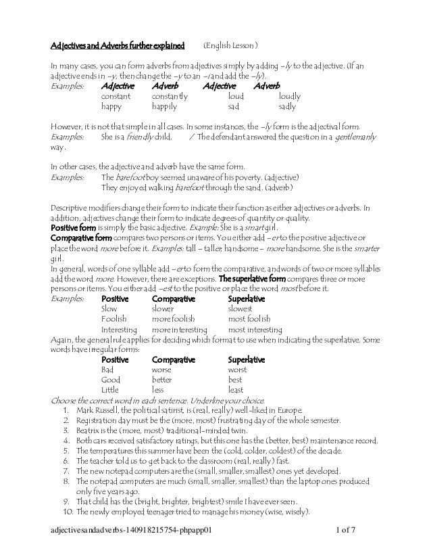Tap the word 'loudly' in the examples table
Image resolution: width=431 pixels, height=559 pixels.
pyautogui.click(x=290, y=97)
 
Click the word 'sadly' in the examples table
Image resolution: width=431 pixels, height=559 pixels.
pyautogui.click(x=287, y=107)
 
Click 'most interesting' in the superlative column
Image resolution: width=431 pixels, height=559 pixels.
pyautogui.click(x=255, y=330)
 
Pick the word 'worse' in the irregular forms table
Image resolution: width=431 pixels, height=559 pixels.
pyautogui.click(x=162, y=370)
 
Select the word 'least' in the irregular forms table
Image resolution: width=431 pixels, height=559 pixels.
pyautogui.click(x=236, y=390)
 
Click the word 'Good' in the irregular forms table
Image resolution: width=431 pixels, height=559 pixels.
pyautogui.click(x=109, y=380)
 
